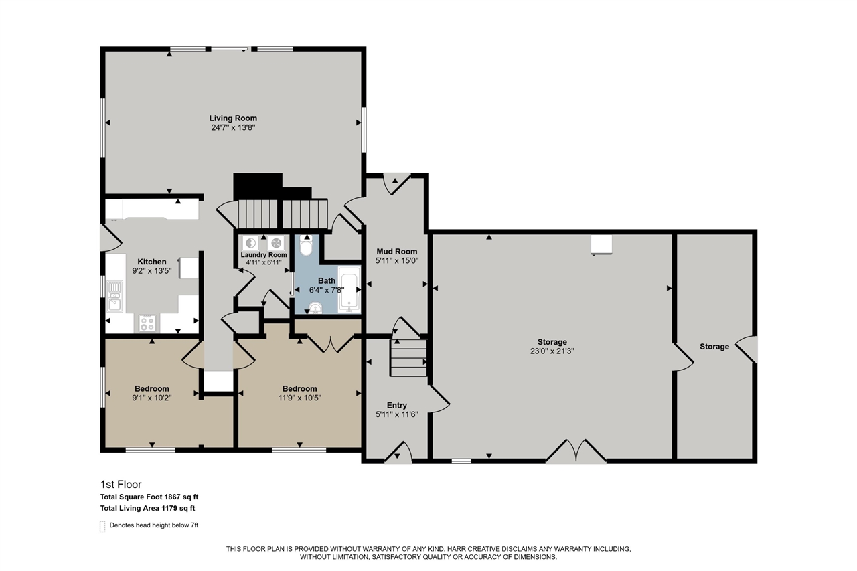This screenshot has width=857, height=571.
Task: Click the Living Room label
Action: click(x=233, y=118)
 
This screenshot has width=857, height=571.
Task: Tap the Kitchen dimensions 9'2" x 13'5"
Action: click(x=152, y=271)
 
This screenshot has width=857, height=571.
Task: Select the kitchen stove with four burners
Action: click(x=147, y=323)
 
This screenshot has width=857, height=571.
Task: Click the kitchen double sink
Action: click(x=114, y=297)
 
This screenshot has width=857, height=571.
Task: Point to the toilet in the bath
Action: click(x=306, y=246)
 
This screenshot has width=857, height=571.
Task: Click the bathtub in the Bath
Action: click(x=349, y=289)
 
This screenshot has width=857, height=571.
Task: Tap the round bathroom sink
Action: click(x=315, y=307)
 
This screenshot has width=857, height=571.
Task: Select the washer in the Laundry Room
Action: click(x=250, y=243)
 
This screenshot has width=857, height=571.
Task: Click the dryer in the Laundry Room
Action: click(x=276, y=243)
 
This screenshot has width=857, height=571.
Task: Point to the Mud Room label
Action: click(x=397, y=251)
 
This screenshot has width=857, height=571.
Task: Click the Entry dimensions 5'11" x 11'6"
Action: click(x=397, y=414)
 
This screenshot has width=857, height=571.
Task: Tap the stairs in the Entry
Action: click(x=408, y=357)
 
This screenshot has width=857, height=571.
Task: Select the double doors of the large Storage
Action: click(x=576, y=451)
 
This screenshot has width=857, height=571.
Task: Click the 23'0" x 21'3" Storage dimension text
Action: click(x=552, y=351)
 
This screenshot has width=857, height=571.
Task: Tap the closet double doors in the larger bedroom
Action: click(x=331, y=343)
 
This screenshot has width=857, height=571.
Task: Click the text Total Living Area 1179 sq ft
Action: click(x=148, y=508)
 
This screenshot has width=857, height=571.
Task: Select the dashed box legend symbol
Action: click(x=102, y=526)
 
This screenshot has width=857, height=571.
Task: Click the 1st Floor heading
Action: click(x=121, y=484)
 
